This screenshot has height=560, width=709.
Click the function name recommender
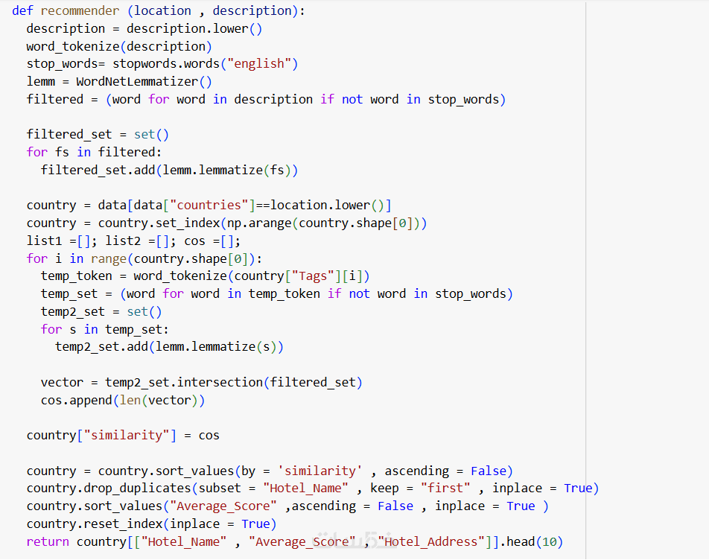(x=80, y=11)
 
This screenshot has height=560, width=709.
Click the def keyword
(x=22, y=11)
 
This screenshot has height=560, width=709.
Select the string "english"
(x=258, y=64)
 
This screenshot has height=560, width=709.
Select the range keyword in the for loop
(x=109, y=259)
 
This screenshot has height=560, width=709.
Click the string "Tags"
(x=313, y=276)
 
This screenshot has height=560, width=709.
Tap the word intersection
(x=220, y=382)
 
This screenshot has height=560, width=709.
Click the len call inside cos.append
(x=130, y=401)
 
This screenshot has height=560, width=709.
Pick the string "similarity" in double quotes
(x=127, y=435)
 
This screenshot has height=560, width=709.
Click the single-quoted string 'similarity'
(x=320, y=471)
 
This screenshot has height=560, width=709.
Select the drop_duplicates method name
(x=138, y=488)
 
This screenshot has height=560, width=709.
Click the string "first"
(x=446, y=488)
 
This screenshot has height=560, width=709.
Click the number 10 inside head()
(x=550, y=541)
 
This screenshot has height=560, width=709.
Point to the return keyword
(x=48, y=541)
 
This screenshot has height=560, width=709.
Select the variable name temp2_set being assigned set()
(x=73, y=312)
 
